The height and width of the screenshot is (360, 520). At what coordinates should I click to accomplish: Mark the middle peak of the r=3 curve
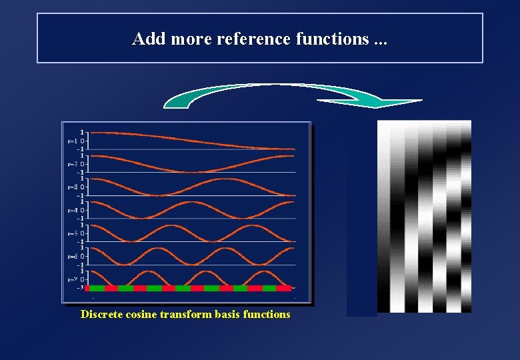pyautogui.click(x=225, y=179)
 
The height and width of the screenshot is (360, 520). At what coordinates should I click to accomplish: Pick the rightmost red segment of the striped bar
pyautogui.click(x=284, y=288)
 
